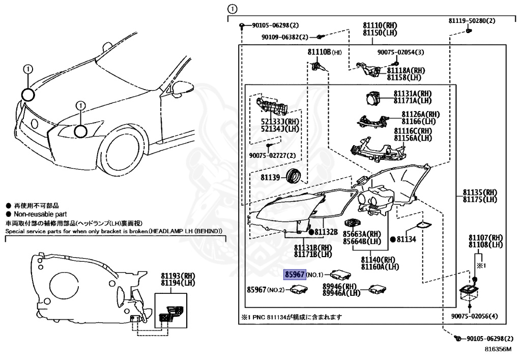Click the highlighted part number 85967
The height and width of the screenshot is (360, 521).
pos(295,274)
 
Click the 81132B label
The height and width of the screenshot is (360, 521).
pos(326,232)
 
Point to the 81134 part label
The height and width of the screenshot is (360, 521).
pos(407,239)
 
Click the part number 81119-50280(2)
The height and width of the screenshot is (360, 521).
pos(472,21)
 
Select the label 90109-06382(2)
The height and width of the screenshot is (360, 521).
pos(285,37)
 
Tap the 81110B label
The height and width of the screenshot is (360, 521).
pos(319,52)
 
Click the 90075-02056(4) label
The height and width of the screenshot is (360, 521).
pos(474,316)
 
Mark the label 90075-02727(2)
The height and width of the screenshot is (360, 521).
pos(272,155)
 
